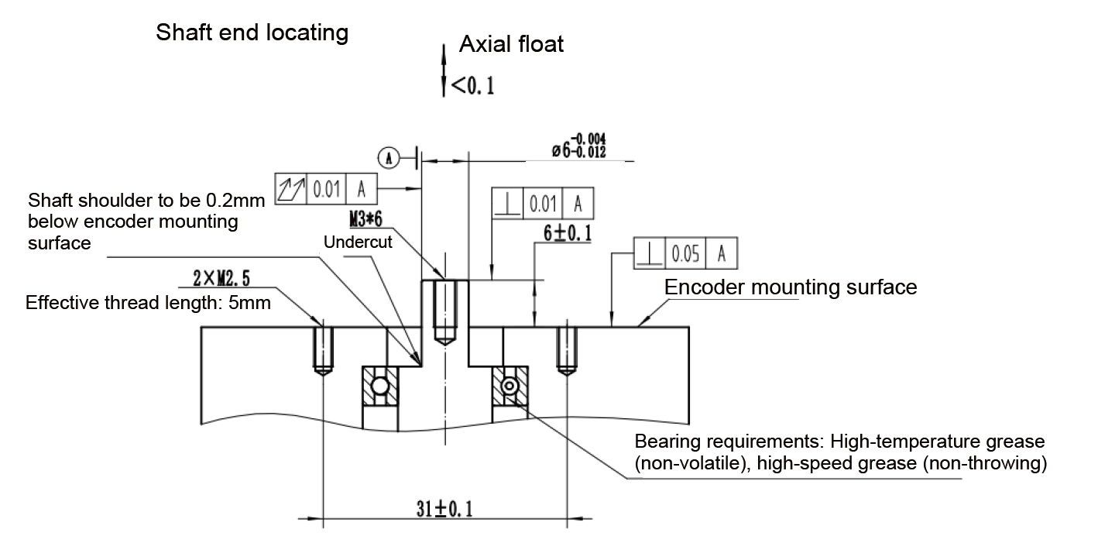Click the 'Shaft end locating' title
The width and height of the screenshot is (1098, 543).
tap(252, 33)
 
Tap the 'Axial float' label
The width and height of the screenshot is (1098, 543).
tap(511, 44)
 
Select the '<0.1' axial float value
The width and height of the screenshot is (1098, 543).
tap(472, 85)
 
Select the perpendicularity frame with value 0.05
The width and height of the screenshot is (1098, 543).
tap(685, 253)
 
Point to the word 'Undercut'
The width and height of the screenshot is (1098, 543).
tap(359, 242)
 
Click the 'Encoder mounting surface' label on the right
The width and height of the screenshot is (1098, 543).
tap(791, 287)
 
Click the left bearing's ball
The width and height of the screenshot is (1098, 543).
tap(380, 386)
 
